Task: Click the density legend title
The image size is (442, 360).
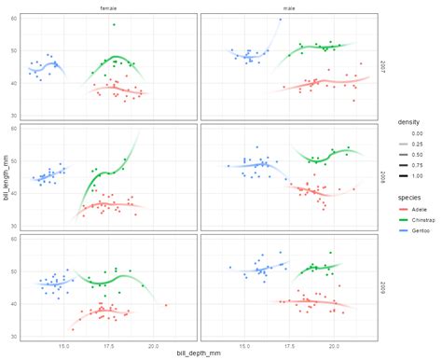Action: [408, 121]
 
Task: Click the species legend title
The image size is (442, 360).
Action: [409, 197]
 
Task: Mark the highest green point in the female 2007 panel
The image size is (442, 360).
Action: [114, 24]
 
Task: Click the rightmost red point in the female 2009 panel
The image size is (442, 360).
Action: [166, 305]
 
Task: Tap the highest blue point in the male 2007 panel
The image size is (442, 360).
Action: [279, 19]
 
